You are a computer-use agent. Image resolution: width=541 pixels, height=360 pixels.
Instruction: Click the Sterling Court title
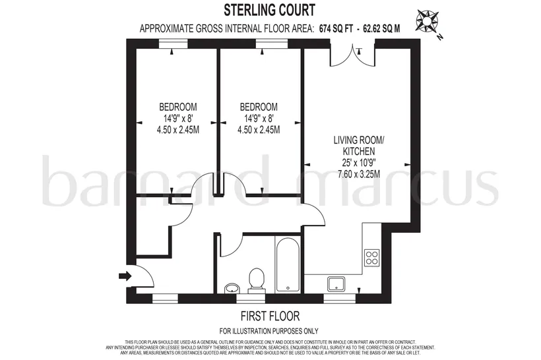click(269, 10)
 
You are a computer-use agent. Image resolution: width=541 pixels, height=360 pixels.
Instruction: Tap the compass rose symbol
click(428, 20)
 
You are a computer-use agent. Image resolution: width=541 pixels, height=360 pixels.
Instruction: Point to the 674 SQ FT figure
click(336, 28)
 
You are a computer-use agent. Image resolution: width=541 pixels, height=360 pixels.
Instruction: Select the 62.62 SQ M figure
click(381, 28)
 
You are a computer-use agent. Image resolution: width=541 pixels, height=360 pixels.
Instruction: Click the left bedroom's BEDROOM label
click(178, 107)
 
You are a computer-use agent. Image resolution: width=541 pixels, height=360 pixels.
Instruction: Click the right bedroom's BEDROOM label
click(259, 107)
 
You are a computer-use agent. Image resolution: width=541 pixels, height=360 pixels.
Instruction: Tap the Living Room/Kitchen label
click(359, 146)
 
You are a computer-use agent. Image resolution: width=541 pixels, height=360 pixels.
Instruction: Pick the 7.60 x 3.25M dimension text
click(359, 174)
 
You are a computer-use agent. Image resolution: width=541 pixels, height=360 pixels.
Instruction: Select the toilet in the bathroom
click(257, 281)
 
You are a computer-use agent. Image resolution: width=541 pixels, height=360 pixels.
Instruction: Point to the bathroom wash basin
click(230, 288)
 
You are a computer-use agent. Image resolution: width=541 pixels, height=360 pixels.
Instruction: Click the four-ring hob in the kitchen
click(372, 257)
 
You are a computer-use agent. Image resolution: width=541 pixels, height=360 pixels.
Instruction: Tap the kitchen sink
click(336, 284)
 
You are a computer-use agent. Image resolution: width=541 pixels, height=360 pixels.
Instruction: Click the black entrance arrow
click(125, 276)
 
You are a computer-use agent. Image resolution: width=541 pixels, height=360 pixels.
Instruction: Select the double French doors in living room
click(352, 55)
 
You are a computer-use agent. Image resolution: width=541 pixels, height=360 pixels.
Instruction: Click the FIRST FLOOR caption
click(270, 316)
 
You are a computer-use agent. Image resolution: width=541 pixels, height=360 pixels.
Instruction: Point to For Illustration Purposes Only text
click(269, 331)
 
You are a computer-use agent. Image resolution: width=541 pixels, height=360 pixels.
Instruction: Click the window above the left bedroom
click(174, 44)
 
